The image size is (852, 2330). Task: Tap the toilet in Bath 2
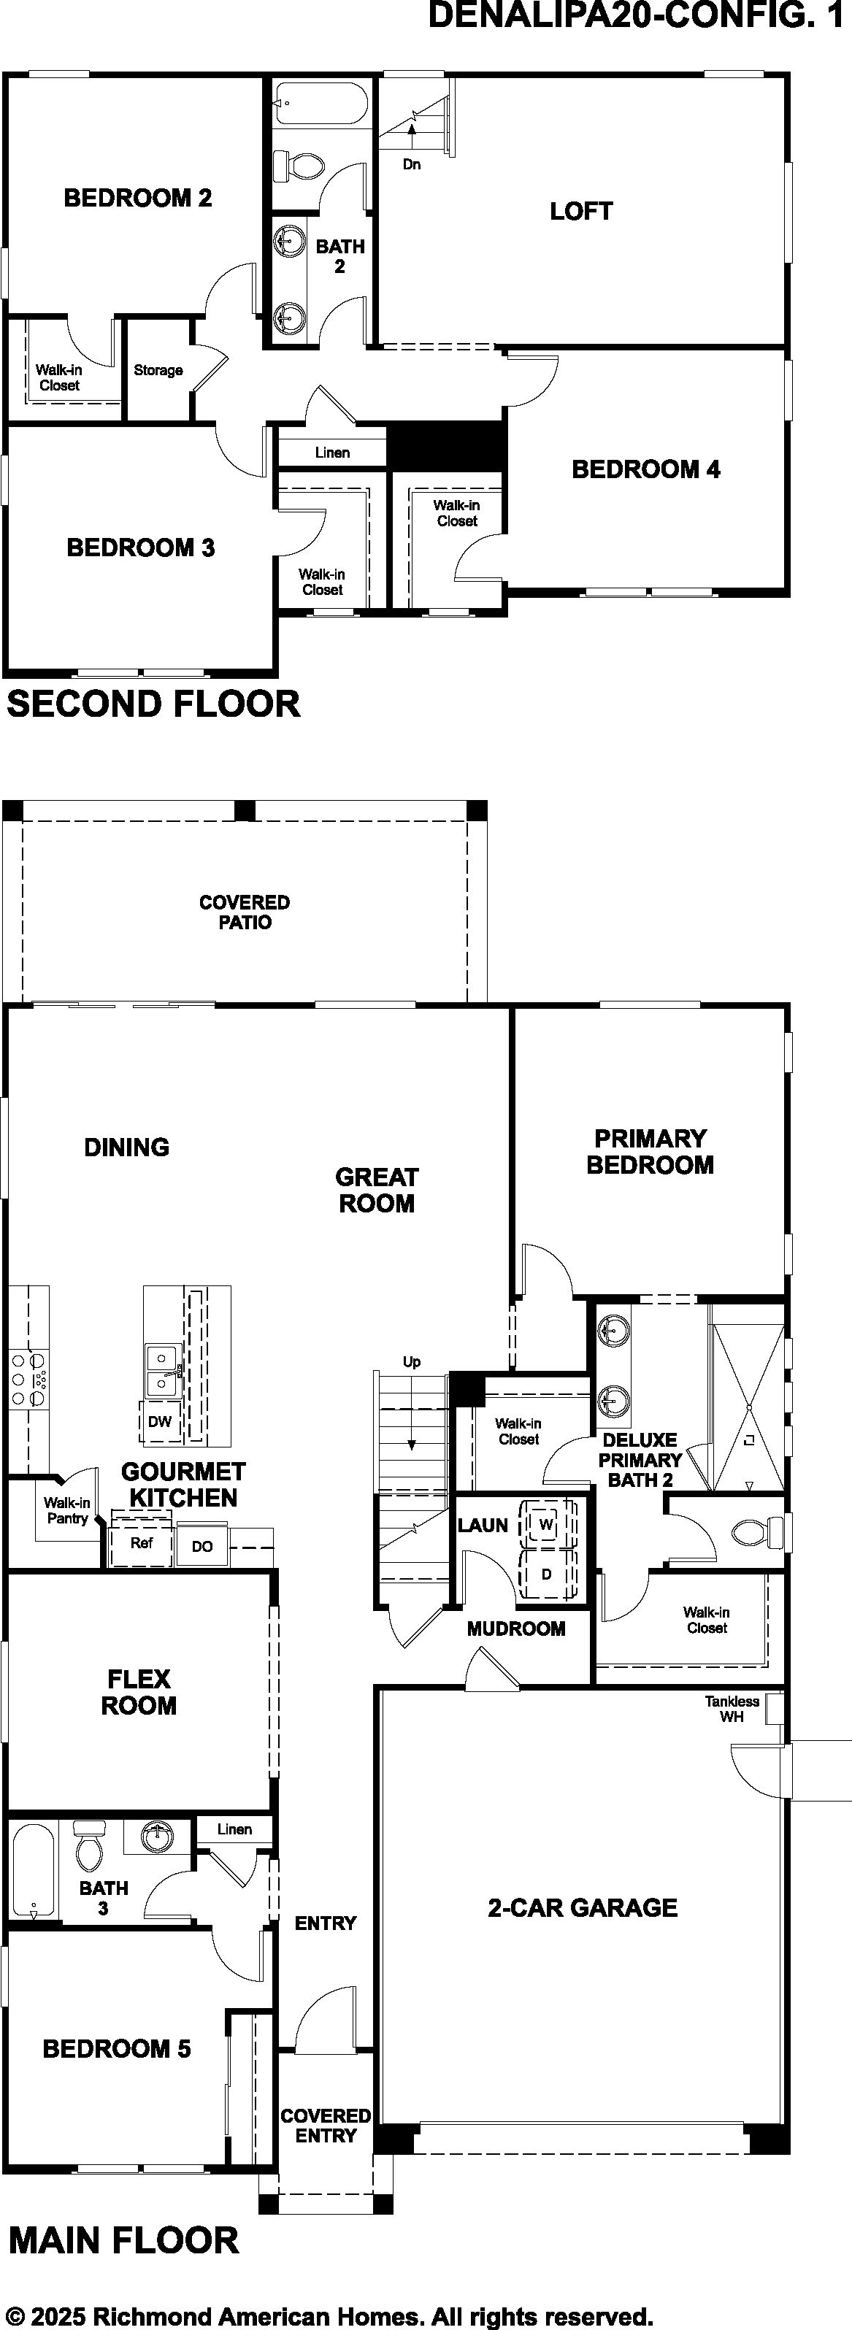[x=299, y=166]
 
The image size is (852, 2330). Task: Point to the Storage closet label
[x=158, y=370]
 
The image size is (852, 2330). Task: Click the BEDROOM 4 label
[x=646, y=469]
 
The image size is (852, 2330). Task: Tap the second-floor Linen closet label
[x=332, y=453]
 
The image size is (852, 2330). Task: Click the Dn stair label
[x=412, y=164]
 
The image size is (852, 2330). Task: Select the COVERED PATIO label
[x=244, y=912]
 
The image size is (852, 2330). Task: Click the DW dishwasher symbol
[x=160, y=1421]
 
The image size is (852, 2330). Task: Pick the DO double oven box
[x=202, y=1546]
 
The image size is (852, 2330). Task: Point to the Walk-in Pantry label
[x=67, y=1510]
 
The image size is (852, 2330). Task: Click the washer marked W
[x=546, y=1524]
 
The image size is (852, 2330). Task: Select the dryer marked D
[x=546, y=1574]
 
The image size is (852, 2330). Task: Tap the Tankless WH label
[x=732, y=1709]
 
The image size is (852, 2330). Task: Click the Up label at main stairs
[x=412, y=1362]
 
